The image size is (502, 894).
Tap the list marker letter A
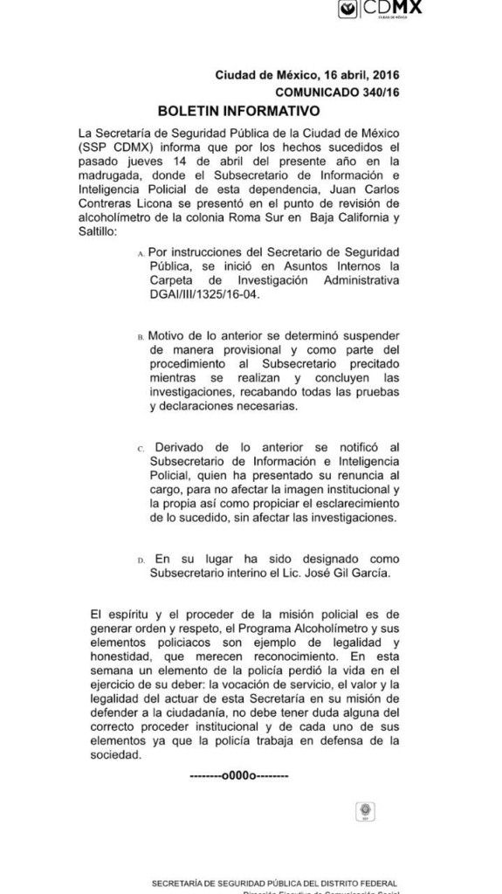(141, 252)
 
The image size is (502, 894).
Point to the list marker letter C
(141, 448)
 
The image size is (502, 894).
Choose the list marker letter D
(141, 560)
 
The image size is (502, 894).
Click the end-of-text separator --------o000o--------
(240, 774)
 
